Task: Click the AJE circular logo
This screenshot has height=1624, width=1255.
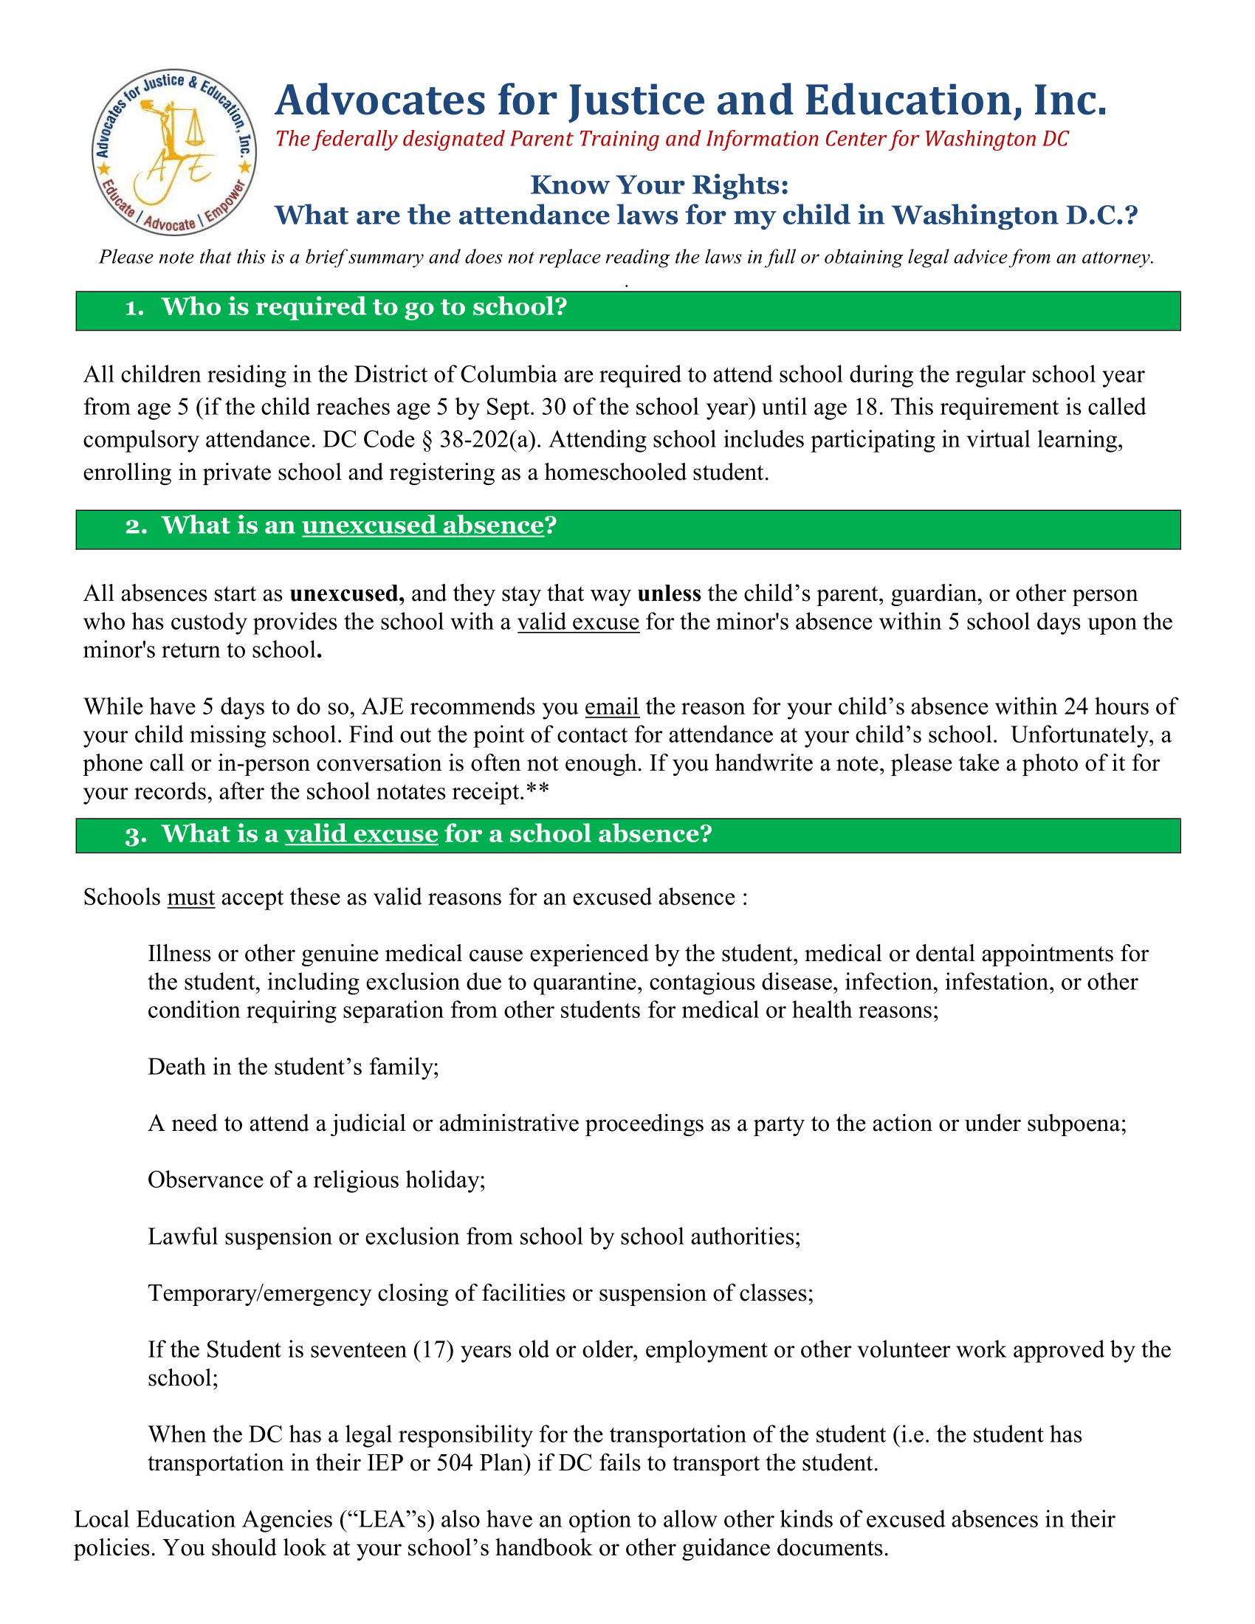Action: pos(175,154)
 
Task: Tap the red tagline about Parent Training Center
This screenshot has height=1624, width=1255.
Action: pos(671,139)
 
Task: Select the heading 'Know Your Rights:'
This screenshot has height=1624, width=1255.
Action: pos(659,185)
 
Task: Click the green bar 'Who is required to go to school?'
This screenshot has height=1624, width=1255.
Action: pos(627,310)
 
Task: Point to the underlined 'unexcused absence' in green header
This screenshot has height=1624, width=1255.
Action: pos(423,526)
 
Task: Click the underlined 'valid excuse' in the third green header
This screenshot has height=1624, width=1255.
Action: pos(361,834)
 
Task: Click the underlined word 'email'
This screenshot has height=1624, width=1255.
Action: pos(612,706)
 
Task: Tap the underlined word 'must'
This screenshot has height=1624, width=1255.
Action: pos(191,898)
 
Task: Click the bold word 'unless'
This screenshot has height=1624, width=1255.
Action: pos(669,593)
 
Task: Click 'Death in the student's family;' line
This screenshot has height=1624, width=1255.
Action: pos(294,1067)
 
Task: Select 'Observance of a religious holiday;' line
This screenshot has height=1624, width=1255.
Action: pos(317,1180)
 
